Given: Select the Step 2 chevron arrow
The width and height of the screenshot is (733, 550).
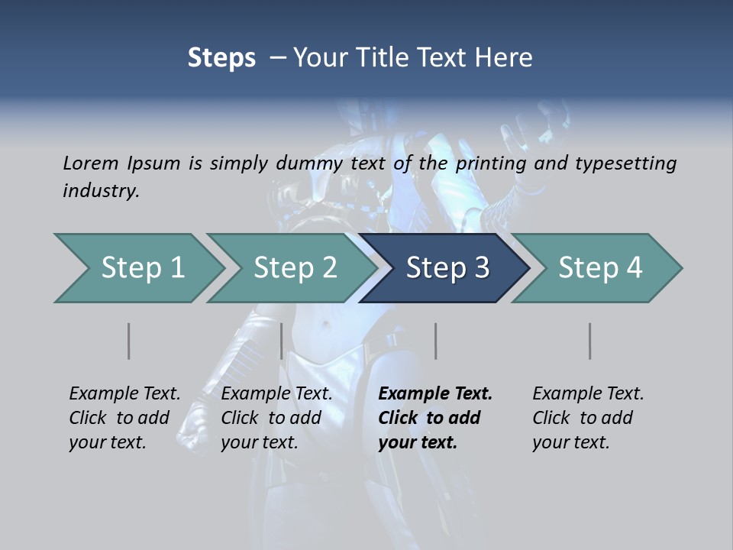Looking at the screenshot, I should tap(294, 268).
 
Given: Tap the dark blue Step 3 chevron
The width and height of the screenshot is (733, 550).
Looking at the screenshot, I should tap(447, 268).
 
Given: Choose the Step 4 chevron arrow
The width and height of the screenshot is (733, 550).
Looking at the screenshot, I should tap(599, 268).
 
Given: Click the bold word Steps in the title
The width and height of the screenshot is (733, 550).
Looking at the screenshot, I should tap(221, 57).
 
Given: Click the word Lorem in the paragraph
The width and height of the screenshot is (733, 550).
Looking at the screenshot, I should tap(91, 163).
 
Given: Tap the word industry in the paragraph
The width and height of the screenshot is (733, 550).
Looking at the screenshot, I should tap(101, 190).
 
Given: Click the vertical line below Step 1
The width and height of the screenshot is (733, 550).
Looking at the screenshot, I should tap(129, 341).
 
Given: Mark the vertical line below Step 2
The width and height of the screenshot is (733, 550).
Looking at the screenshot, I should tap(282, 341).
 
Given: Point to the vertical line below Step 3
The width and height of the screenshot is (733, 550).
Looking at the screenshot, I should tap(436, 341).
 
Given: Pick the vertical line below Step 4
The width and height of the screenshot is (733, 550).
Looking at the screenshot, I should tap(590, 341).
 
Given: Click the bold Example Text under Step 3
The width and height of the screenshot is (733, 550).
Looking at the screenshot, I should tap(435, 394).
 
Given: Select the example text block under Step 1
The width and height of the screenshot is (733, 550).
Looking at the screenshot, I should tap(124, 418).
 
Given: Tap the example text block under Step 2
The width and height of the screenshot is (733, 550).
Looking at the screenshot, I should tap(276, 418).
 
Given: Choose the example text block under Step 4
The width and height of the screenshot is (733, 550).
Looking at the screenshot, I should tap(588, 418).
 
